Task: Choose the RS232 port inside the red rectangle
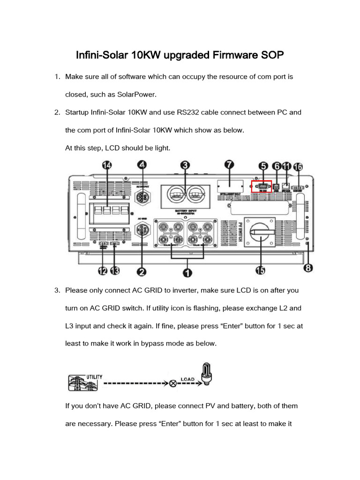[x=262, y=187]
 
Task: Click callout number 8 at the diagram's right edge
[x=307, y=268]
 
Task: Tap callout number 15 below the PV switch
[x=259, y=270]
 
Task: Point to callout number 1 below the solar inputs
[x=187, y=272]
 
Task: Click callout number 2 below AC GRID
[x=141, y=271]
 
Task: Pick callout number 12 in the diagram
[x=103, y=271]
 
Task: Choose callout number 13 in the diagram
[x=114, y=271]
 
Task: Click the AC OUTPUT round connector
[x=141, y=198]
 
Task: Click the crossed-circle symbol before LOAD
[x=173, y=383]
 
